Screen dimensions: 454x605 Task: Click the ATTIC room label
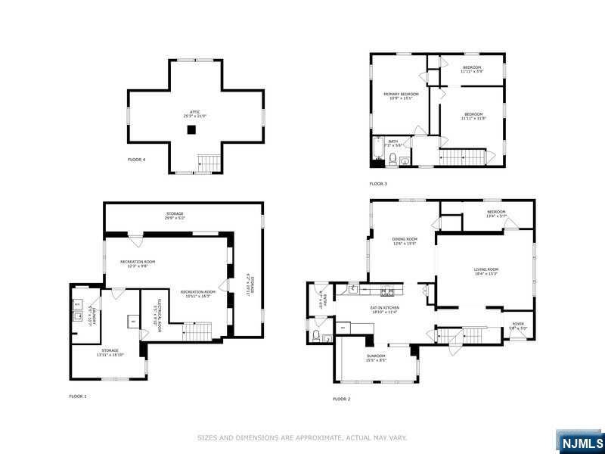click(x=195, y=114)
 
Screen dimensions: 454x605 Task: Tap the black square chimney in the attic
click(x=192, y=130)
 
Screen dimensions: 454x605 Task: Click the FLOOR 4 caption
click(x=136, y=160)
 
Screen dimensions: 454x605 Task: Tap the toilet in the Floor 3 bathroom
click(x=393, y=158)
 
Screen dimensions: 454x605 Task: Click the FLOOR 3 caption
click(x=378, y=184)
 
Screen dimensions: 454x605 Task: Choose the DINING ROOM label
click(x=405, y=241)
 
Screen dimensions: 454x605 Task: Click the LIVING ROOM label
click(x=486, y=271)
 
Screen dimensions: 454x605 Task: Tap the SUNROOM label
click(x=376, y=358)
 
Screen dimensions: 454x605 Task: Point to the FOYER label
click(x=518, y=325)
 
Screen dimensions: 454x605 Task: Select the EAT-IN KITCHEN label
click(x=384, y=309)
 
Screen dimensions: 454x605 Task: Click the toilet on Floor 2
click(x=316, y=335)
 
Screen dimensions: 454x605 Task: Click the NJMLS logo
click(x=580, y=443)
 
